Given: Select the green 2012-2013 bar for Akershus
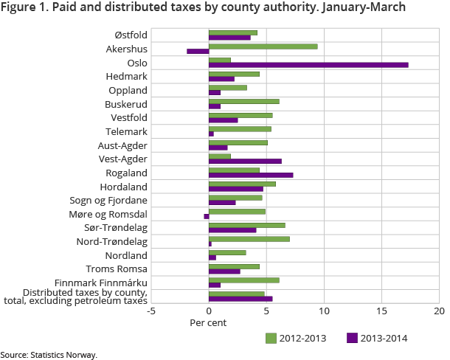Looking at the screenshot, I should click(x=263, y=46).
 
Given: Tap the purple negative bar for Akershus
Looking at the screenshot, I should click(x=198, y=52).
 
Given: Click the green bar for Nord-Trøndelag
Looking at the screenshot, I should click(x=249, y=239).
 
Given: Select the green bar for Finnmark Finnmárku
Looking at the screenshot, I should click(x=244, y=280).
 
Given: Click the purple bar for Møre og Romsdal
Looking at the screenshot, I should click(x=207, y=216).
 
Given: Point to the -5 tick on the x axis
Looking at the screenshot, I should click(x=151, y=311).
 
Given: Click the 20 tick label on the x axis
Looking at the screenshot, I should click(x=439, y=311).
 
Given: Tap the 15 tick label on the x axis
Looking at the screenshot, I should click(x=381, y=311).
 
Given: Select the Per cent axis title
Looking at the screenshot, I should click(x=208, y=322).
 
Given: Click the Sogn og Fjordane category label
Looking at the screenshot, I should click(x=109, y=200).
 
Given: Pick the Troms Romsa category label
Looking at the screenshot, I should click(x=117, y=269).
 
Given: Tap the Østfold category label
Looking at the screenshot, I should click(x=131, y=35).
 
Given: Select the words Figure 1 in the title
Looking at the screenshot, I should click(x=24, y=8).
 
